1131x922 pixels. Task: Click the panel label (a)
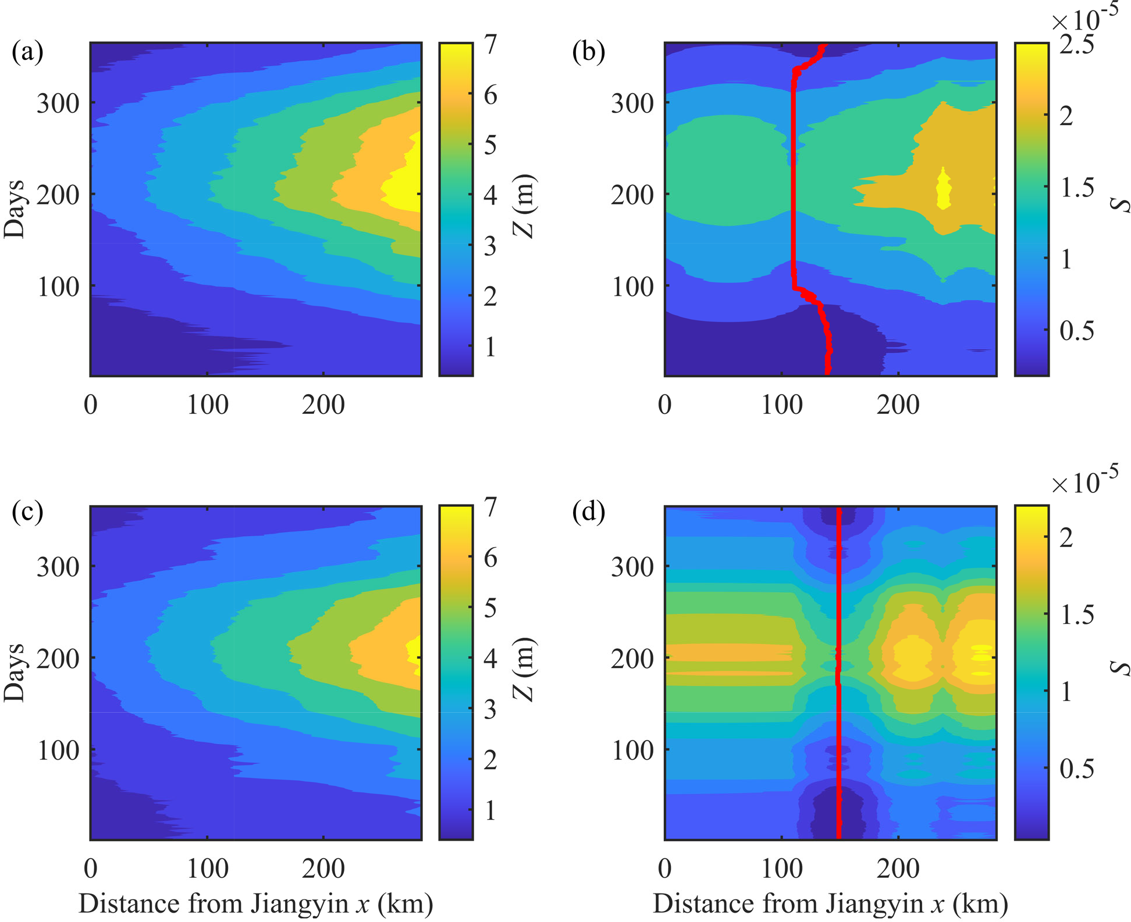coord(27,53)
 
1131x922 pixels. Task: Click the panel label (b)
coord(588,53)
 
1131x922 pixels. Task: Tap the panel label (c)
coord(27,513)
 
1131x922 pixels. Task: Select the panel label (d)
coord(588,513)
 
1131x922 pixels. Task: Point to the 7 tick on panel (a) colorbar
coord(490,44)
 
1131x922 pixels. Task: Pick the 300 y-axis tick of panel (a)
coord(58,103)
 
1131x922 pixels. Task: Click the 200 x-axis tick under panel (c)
coord(323,869)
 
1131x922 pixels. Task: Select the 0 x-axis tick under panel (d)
coord(665,869)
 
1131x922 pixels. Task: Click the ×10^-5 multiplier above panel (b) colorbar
coord(1084,21)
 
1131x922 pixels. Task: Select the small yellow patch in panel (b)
coord(944,188)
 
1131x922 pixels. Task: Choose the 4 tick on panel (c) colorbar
coord(490,659)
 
